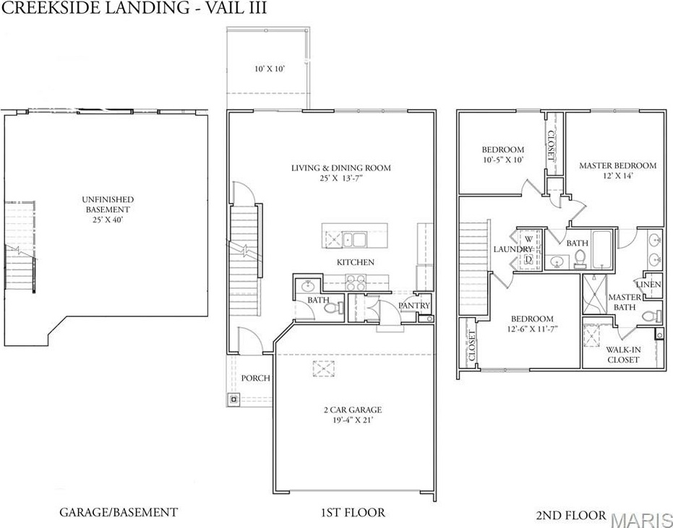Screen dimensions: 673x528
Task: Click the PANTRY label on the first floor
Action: pyautogui.click(x=413, y=306)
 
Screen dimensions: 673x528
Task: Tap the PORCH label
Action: pyautogui.click(x=255, y=378)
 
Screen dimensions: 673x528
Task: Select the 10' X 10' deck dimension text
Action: pyautogui.click(x=270, y=69)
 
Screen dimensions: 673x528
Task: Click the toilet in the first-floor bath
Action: pyautogui.click(x=333, y=308)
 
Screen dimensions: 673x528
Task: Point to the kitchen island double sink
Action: pyautogui.click(x=354, y=239)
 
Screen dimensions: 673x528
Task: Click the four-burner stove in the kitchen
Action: pyautogui.click(x=356, y=282)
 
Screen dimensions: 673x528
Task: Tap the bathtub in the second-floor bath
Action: pyautogui.click(x=602, y=250)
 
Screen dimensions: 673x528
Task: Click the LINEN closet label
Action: pyautogui.click(x=648, y=285)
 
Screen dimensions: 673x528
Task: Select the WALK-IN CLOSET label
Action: pyautogui.click(x=623, y=355)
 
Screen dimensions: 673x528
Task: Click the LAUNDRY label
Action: pyautogui.click(x=513, y=249)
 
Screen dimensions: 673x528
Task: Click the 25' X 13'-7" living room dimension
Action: pyautogui.click(x=341, y=178)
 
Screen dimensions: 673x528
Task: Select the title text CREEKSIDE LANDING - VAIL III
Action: pyautogui.click(x=134, y=8)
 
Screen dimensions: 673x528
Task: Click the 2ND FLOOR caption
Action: pyautogui.click(x=571, y=514)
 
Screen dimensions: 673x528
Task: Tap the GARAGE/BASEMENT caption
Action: pyautogui.click(x=119, y=511)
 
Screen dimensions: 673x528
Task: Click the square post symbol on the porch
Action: pyautogui.click(x=233, y=399)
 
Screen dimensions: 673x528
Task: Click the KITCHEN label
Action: pyautogui.click(x=356, y=262)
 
